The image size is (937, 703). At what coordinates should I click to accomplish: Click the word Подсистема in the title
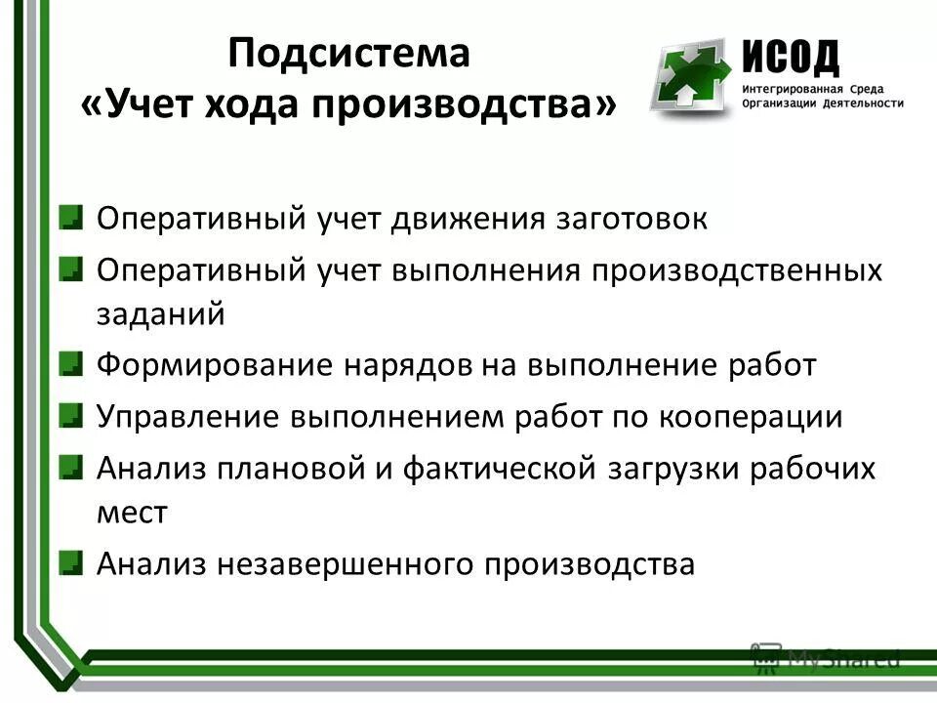click(x=349, y=54)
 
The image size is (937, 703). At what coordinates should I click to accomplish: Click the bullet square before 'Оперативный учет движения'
click(x=71, y=217)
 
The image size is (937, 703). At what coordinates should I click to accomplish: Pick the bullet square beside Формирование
click(x=71, y=365)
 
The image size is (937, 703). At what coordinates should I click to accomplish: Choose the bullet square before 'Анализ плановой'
click(x=71, y=468)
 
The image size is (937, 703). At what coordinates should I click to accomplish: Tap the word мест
click(x=133, y=513)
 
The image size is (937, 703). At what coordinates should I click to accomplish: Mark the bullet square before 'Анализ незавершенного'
click(x=71, y=562)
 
